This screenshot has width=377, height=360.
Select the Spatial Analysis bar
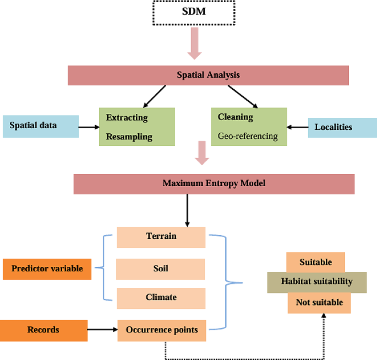click(208, 75)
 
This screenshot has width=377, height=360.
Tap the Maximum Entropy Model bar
click(214, 184)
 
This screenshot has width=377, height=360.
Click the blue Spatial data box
click(40, 126)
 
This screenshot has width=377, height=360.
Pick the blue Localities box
click(342, 127)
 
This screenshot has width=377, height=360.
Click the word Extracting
click(127, 117)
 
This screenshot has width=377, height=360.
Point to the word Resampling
click(129, 137)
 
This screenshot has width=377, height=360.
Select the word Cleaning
click(235, 117)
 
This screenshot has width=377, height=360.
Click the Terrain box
click(161, 237)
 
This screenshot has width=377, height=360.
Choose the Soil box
click(161, 269)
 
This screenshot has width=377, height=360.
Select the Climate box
click(161, 298)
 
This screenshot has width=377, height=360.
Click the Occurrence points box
click(161, 330)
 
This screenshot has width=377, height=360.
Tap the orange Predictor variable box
click(47, 269)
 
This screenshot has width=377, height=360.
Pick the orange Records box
click(43, 330)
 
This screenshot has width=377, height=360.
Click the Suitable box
click(316, 263)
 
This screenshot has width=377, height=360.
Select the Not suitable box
click(319, 302)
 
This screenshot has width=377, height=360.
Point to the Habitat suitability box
click(317, 282)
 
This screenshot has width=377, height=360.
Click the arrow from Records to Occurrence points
click(102, 330)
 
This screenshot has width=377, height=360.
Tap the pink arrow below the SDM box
click(194, 44)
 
